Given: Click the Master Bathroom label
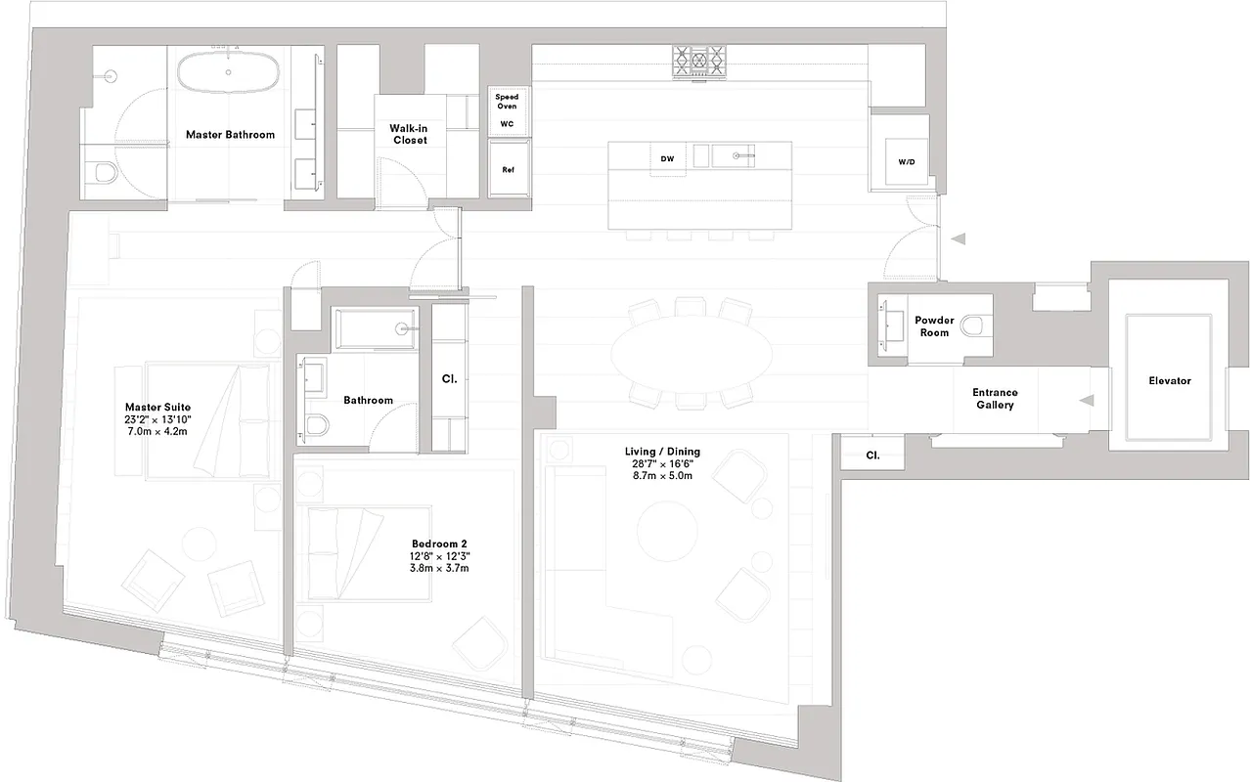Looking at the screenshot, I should click(x=230, y=135).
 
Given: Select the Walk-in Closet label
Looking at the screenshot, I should click(x=409, y=134).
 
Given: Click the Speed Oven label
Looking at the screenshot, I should click(x=507, y=101).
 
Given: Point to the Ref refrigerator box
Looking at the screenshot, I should click(x=508, y=170).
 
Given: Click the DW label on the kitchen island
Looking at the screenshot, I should click(x=667, y=158).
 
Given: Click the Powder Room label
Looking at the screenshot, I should click(x=934, y=326).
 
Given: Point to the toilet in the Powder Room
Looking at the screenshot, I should click(x=974, y=326).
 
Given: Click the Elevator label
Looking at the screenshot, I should click(x=1170, y=380).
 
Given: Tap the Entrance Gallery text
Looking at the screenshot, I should click(x=993, y=399).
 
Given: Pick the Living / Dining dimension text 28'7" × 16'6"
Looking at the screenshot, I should click(x=662, y=463).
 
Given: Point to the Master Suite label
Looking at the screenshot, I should click(x=157, y=407).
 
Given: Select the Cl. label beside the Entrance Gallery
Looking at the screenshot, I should click(x=872, y=455).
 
